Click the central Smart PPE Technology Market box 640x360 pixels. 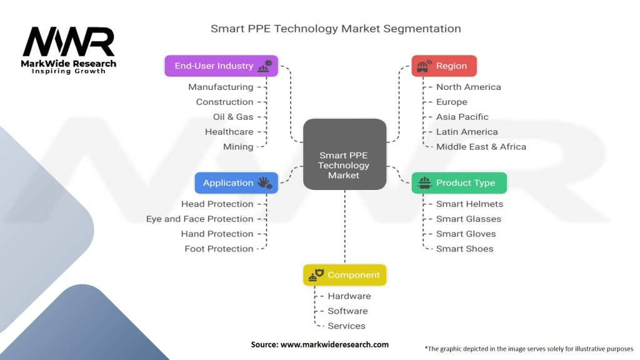(x=344, y=154)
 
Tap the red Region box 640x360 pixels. (x=444, y=66)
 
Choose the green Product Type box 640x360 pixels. (x=459, y=182)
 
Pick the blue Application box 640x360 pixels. (x=236, y=182)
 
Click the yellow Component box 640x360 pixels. (x=344, y=274)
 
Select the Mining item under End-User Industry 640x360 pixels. (x=238, y=147)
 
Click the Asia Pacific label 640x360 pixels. (x=462, y=117)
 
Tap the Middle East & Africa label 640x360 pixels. (x=481, y=147)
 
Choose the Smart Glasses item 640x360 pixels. (x=468, y=219)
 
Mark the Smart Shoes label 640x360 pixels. (x=464, y=249)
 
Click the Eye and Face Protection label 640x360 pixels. (x=199, y=219)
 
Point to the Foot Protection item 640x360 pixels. (x=219, y=249)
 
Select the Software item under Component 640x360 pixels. (x=347, y=311)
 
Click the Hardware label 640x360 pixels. (x=349, y=296)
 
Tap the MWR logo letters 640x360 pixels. (x=69, y=42)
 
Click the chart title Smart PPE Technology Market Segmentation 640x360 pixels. (x=336, y=29)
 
